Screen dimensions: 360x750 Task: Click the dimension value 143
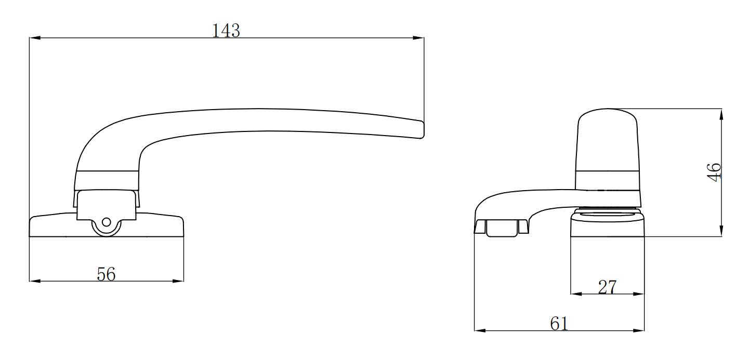tap(226, 31)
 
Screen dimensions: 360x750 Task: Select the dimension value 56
tap(106, 274)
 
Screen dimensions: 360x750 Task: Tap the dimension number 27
tap(607, 287)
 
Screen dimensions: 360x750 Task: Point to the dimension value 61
tap(559, 324)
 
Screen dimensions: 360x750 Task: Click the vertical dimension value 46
tap(714, 171)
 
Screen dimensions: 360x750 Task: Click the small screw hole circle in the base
tap(107, 222)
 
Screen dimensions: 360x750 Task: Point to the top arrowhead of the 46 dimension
tap(721, 114)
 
